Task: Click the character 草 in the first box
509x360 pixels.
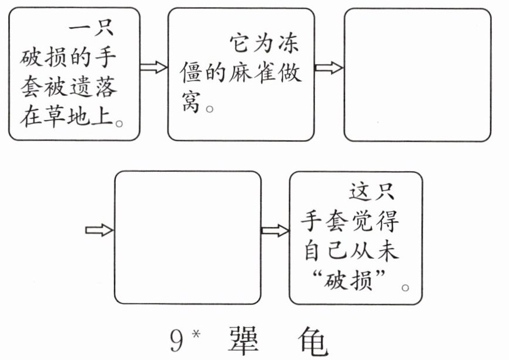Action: (x=54, y=116)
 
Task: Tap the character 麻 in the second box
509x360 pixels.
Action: (x=240, y=72)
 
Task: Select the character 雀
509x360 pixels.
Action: (x=264, y=72)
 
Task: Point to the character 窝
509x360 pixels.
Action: (x=191, y=101)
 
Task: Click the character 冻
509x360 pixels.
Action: (x=288, y=43)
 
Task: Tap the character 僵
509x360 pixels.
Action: (x=191, y=72)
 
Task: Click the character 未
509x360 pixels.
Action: (x=387, y=250)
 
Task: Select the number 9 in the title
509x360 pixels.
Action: (x=178, y=340)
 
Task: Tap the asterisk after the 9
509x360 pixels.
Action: (x=196, y=334)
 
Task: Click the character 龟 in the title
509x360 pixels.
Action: (x=312, y=341)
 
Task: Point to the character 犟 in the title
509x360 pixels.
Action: (x=243, y=341)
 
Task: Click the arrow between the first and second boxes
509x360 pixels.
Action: (x=153, y=67)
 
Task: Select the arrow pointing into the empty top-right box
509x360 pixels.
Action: (x=329, y=68)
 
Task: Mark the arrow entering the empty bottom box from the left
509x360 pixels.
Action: (x=99, y=230)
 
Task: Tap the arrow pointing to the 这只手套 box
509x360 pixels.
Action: (x=275, y=231)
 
